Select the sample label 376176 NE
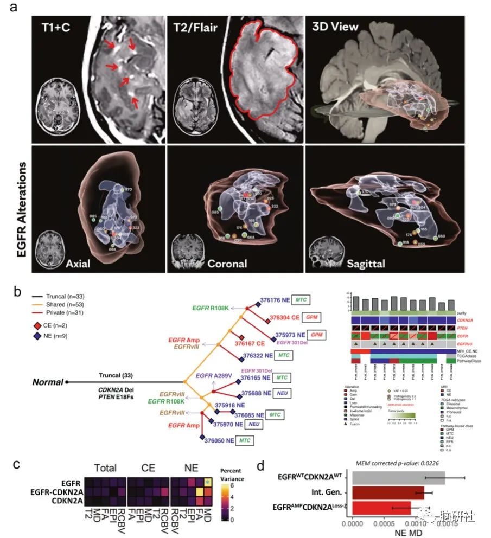click(273, 299)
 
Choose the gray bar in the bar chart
click(398, 478)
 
